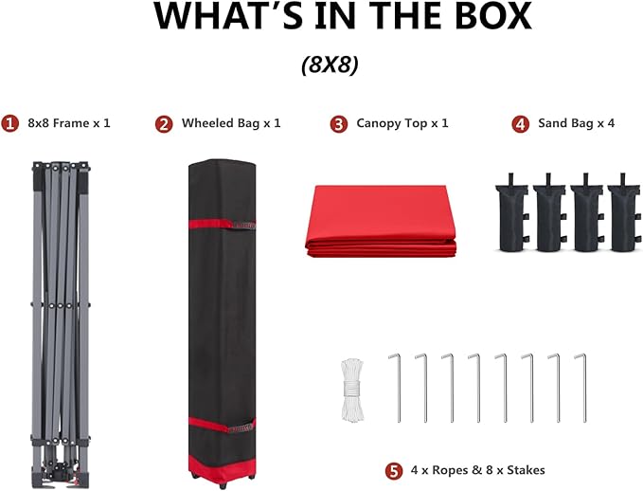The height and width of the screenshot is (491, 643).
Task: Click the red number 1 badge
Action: [9, 123]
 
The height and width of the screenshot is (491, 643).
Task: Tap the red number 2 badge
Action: [164, 124]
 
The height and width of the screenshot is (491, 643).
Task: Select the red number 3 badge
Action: [339, 124]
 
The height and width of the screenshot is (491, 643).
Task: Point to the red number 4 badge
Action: [521, 124]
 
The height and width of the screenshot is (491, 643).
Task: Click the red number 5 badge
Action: [394, 471]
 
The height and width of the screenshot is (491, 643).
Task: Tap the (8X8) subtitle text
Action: [330, 64]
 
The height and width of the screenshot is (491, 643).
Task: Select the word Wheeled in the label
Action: [207, 123]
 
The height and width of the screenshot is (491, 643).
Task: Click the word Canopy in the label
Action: [379, 123]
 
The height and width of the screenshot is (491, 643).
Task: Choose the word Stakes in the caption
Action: [527, 470]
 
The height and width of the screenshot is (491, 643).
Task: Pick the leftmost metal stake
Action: [397, 388]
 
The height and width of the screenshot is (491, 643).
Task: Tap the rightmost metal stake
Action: [582, 388]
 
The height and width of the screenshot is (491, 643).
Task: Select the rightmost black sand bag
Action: [624, 213]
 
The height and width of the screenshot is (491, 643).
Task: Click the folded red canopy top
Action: [381, 222]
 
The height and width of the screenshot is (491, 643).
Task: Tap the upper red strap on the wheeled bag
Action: [222, 224]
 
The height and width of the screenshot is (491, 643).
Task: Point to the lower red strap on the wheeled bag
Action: [222, 425]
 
